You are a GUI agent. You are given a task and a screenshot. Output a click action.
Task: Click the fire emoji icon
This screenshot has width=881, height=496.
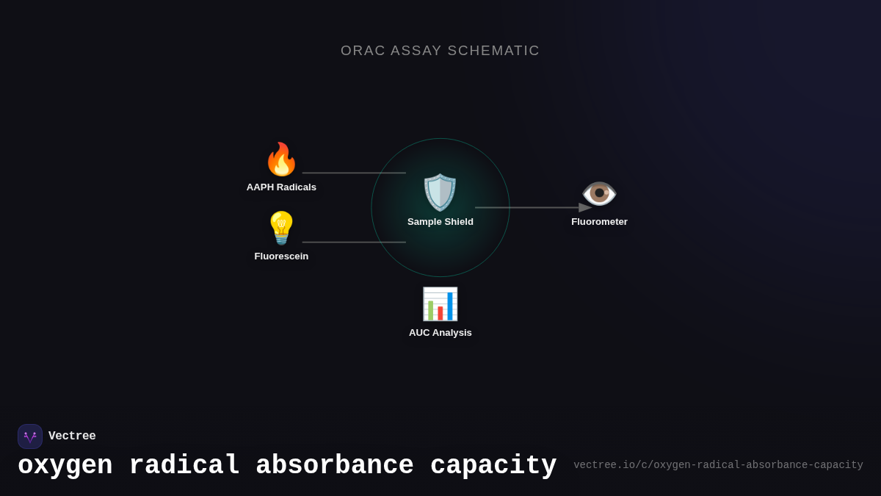pyautogui.click(x=281, y=159)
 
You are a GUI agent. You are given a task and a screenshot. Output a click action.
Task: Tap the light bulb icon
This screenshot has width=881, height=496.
pyautogui.click(x=281, y=228)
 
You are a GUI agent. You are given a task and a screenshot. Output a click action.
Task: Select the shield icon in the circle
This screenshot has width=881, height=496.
pyautogui.click(x=440, y=193)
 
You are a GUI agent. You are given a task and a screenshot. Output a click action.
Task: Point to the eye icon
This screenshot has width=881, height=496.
pyautogui.click(x=599, y=193)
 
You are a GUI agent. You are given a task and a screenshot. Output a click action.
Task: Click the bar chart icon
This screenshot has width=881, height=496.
pyautogui.click(x=440, y=303)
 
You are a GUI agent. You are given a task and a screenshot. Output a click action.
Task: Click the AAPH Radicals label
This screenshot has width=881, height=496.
pyautogui.click(x=281, y=187)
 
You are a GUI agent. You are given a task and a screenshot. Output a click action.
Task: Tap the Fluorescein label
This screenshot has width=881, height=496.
pyautogui.click(x=281, y=256)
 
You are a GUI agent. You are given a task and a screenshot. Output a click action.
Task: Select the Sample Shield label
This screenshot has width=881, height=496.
pyautogui.click(x=440, y=222)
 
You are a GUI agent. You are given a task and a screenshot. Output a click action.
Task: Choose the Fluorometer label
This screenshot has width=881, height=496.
pyautogui.click(x=599, y=222)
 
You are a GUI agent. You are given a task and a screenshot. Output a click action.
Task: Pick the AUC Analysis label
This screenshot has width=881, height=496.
pyautogui.click(x=440, y=333)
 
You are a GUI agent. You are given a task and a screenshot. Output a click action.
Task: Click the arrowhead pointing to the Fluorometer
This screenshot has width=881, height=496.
pyautogui.click(x=585, y=208)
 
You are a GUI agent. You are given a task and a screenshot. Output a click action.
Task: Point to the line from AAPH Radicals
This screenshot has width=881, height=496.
pyautogui.click(x=354, y=173)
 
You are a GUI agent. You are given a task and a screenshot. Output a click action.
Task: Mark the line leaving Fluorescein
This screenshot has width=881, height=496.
pyautogui.click(x=354, y=242)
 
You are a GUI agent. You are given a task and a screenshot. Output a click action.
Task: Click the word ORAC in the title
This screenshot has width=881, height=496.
pyautogui.click(x=363, y=51)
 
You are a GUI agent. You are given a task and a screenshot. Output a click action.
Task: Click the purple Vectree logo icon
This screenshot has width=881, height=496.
pyautogui.click(x=30, y=436)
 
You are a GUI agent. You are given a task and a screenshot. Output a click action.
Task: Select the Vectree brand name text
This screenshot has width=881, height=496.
pyautogui.click(x=72, y=436)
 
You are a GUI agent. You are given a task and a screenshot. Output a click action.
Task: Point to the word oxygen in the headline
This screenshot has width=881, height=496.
pyautogui.click(x=65, y=466)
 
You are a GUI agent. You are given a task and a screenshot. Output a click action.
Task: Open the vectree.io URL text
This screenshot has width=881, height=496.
pyautogui.click(x=718, y=465)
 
